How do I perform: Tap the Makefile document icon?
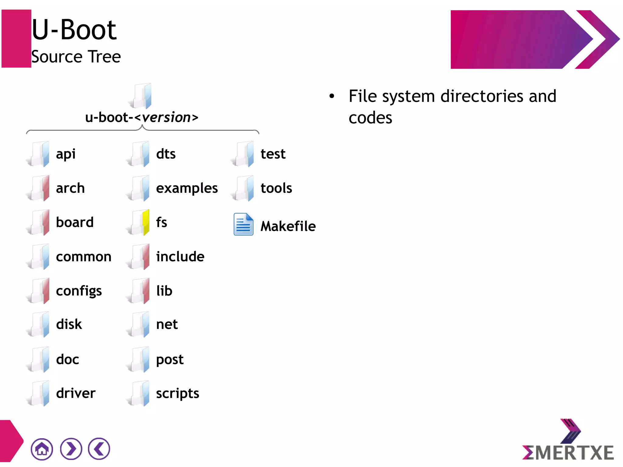(243, 225)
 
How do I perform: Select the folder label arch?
(70, 188)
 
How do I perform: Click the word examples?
(187, 188)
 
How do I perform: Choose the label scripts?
(177, 394)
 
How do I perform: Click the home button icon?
(42, 449)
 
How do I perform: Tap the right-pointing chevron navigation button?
(71, 449)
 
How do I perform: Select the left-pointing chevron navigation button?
(99, 449)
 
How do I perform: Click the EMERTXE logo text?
(568, 453)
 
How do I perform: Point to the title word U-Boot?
(74, 30)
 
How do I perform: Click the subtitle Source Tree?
(76, 57)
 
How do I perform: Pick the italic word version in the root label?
(166, 117)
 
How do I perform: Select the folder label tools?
(276, 188)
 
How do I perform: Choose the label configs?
(79, 291)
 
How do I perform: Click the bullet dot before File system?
(332, 96)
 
